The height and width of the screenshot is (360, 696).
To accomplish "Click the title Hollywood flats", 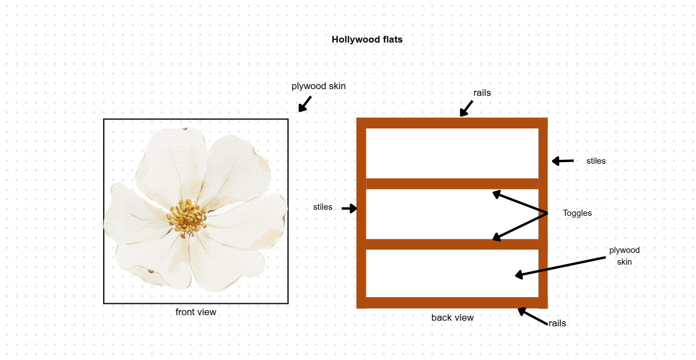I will (367, 40).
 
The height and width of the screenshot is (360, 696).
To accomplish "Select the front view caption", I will (196, 312).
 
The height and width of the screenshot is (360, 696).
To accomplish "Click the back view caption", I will (452, 318).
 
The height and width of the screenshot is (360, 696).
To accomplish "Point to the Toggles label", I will (577, 213).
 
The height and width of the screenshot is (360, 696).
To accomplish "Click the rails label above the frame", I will (482, 93).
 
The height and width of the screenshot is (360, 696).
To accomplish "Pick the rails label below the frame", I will (557, 324).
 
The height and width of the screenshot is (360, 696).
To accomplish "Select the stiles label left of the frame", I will (323, 207).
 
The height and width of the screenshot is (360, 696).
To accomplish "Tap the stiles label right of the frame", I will (596, 161).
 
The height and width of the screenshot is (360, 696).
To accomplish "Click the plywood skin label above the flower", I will (318, 86).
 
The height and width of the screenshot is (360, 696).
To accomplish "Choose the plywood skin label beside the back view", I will (624, 256).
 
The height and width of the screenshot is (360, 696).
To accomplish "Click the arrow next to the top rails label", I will (466, 108).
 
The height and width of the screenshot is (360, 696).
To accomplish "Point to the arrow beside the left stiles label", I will (349, 209).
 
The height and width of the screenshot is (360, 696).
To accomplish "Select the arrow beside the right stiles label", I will (563, 161).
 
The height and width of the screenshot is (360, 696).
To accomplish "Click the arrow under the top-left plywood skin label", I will (304, 104).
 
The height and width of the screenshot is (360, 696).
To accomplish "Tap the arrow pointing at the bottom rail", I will (532, 316).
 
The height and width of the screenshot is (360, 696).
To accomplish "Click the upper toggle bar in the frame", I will (452, 184).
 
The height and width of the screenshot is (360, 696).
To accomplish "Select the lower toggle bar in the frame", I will (452, 244).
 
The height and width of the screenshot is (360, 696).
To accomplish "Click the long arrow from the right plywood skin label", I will (560, 266).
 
